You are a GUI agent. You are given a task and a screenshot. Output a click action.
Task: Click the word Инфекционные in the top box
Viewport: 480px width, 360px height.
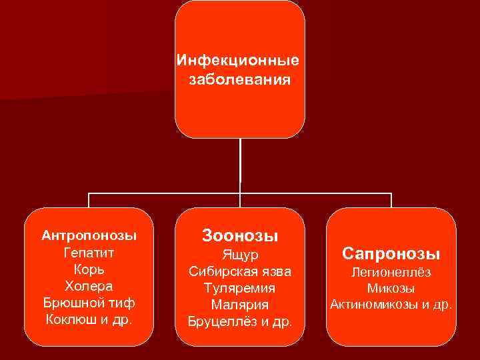point(238,61)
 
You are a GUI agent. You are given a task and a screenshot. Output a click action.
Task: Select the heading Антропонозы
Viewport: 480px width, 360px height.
point(89,235)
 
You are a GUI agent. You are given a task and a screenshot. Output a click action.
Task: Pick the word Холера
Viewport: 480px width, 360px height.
point(89,286)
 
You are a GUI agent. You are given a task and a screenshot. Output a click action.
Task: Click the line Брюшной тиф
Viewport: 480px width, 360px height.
point(89,303)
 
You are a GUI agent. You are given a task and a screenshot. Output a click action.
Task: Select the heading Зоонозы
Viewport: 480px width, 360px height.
point(240,235)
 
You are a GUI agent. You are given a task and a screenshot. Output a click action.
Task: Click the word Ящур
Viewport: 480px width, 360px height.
point(240,255)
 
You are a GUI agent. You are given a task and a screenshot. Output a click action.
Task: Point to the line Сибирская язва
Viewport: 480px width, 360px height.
point(240,272)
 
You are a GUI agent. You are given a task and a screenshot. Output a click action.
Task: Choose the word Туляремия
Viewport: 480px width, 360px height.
point(240,289)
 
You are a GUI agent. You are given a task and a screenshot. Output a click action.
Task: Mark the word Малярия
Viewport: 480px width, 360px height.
point(240,305)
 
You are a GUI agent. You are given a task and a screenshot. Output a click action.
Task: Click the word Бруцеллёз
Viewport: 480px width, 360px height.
point(223,323)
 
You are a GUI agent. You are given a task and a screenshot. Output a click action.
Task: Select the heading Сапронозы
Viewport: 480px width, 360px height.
point(391,253)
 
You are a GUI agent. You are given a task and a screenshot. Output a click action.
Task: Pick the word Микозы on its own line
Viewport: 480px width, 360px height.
point(391,289)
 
